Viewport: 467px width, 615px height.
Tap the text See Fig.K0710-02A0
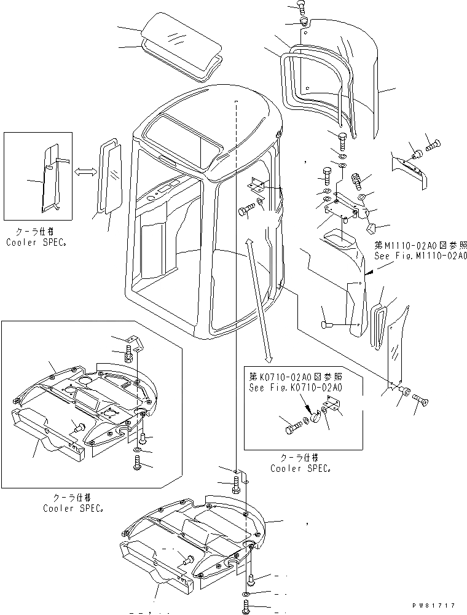coord(296,388)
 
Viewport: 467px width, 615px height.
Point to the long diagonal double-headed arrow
coord(258,300)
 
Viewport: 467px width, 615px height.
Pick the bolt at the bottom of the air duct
coord(329,324)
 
